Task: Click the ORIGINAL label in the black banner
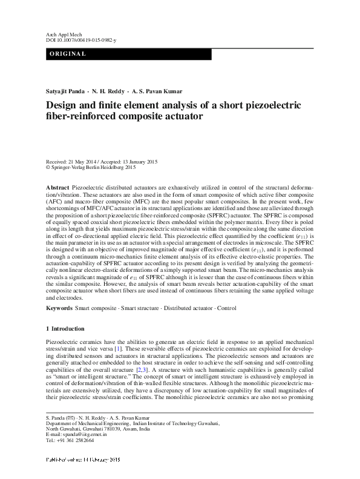pos(67,55)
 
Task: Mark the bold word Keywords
pos(60,308)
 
